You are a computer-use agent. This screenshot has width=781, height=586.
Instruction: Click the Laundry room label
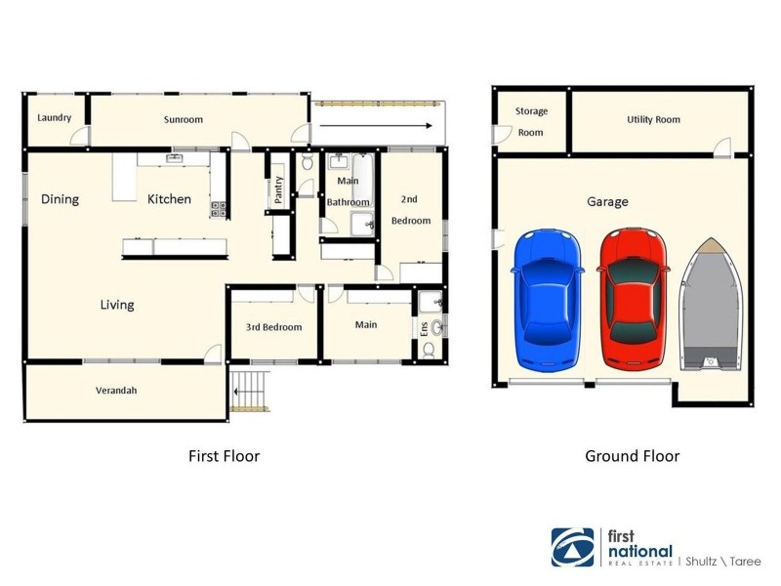[55, 118]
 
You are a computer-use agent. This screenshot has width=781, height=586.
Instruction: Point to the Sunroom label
[183, 120]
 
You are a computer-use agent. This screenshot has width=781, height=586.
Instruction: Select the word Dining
[60, 199]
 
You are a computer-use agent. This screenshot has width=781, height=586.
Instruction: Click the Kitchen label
[169, 199]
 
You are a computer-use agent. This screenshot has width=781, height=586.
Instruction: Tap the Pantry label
[278, 189]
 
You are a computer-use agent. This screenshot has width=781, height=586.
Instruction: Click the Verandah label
[115, 391]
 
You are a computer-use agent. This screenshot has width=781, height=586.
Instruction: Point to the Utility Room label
[653, 120]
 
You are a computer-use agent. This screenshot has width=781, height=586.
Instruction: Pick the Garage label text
[607, 202]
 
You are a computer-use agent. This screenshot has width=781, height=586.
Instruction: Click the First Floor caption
[224, 456]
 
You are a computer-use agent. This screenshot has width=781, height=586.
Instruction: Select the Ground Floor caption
[632, 456]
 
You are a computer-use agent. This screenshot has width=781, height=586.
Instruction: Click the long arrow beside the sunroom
[376, 125]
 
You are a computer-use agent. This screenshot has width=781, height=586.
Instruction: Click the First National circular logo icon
[572, 547]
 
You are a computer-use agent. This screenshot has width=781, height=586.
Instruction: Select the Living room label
[117, 305]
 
